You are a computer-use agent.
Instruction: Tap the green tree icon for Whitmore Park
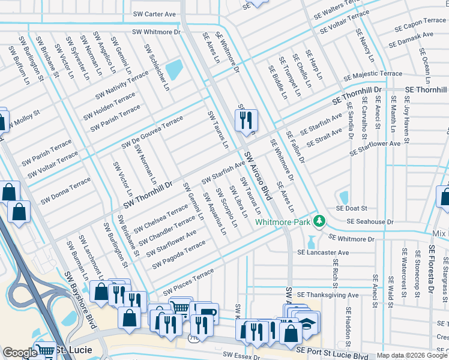click(321, 221)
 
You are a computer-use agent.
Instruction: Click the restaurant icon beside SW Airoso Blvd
click(246, 121)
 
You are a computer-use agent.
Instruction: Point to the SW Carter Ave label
click(154, 14)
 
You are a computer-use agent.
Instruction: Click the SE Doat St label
click(352, 208)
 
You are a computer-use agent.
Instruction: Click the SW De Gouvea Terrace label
click(152, 133)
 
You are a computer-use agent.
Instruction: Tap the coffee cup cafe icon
click(207, 313)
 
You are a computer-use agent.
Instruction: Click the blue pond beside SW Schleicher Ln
click(174, 70)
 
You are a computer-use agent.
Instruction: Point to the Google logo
click(20, 353)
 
